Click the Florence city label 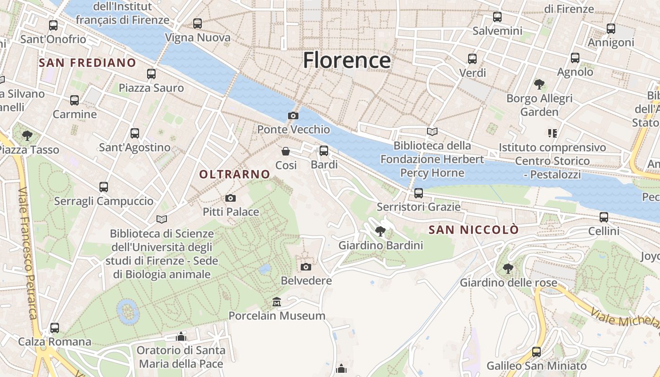pyautogui.click(x=346, y=60)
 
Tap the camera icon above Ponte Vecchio pyautogui.click(x=293, y=115)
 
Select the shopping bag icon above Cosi pyautogui.click(x=286, y=151)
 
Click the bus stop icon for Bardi pyautogui.click(x=324, y=151)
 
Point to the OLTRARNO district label pyautogui.click(x=234, y=174)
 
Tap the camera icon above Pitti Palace pyautogui.click(x=230, y=198)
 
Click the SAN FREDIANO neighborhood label pyautogui.click(x=87, y=63)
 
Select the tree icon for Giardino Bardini pyautogui.click(x=380, y=231)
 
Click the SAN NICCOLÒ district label pyautogui.click(x=474, y=230)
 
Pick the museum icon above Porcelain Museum pyautogui.click(x=277, y=302)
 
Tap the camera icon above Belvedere pyautogui.click(x=306, y=267)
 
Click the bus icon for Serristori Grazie pyautogui.click(x=418, y=193)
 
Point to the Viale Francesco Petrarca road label pyautogui.click(x=27, y=252)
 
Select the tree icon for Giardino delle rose pyautogui.click(x=508, y=269)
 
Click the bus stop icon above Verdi pyautogui.click(x=472, y=59)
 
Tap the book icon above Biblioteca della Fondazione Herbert pyautogui.click(x=432, y=132)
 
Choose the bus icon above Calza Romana pyautogui.click(x=55, y=328)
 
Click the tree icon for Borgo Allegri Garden pyautogui.click(x=539, y=84)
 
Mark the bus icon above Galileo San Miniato pyautogui.click(x=536, y=352)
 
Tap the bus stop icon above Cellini pyautogui.click(x=604, y=217)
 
